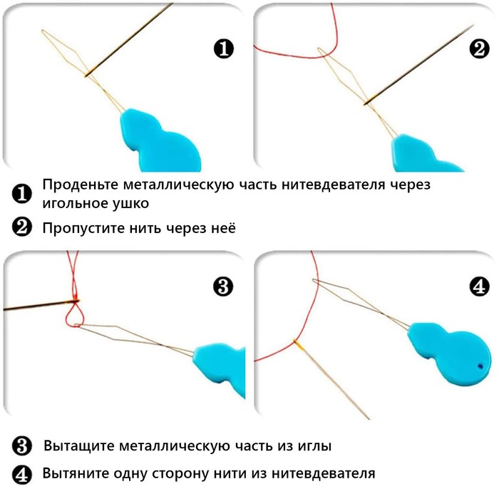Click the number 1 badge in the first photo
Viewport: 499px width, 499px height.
(223, 49)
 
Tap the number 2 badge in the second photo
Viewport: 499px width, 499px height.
(479, 49)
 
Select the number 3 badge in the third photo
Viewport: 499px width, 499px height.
(223, 287)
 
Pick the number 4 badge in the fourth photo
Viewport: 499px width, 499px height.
(480, 287)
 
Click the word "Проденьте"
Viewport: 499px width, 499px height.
(80, 185)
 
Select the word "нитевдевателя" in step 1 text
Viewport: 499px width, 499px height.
(333, 185)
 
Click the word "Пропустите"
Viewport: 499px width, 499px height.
(83, 229)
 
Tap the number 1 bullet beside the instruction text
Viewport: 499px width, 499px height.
(22, 194)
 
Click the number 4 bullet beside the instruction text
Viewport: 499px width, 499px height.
(22, 475)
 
